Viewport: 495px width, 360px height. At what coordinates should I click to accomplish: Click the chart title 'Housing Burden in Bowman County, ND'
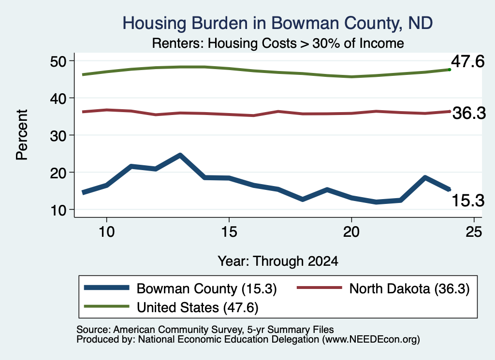pos(277,23)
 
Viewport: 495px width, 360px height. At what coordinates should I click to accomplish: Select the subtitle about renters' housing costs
pos(278,43)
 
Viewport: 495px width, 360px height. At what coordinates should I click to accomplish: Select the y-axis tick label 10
pos(58,210)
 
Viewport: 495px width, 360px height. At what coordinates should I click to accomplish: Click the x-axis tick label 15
pos(229,232)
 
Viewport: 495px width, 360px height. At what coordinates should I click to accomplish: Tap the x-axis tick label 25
pos(474,232)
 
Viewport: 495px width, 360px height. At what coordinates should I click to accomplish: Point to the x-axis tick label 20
pos(351,232)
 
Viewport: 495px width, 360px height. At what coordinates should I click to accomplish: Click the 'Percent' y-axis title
pos(22,135)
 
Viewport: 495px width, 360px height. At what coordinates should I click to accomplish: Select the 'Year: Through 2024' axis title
pos(278,261)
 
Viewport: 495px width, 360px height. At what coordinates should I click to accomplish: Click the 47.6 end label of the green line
pos(467,61)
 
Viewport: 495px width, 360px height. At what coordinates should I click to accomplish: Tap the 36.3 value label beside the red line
pos(469,113)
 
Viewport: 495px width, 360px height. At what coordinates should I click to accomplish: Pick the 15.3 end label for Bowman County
pos(468,201)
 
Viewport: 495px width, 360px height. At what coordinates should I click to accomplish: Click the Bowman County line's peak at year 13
pos(180,155)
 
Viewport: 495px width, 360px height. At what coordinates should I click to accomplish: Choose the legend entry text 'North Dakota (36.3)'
pos(409,288)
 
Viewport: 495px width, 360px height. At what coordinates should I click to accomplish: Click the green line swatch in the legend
pos(106,306)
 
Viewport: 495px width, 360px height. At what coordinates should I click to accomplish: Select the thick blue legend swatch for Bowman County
pos(106,288)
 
